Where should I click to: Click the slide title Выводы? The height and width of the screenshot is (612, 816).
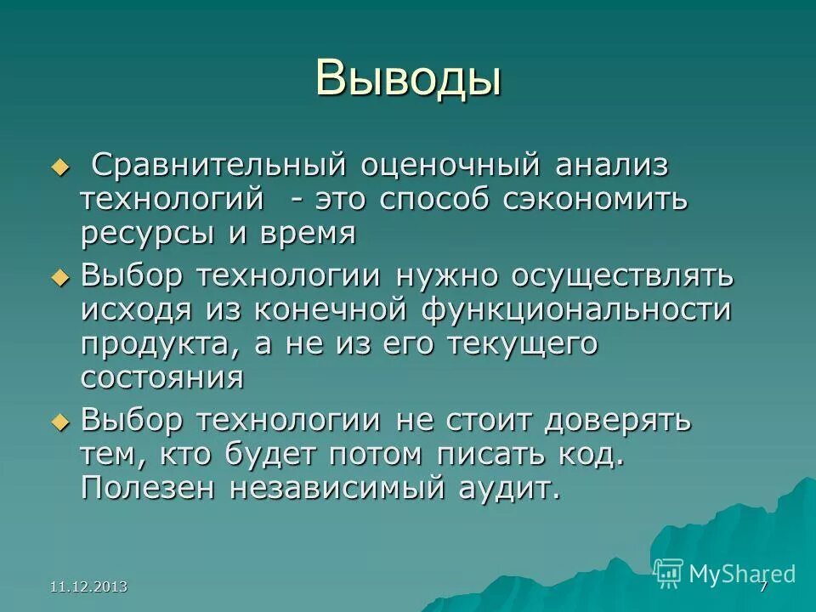click(x=408, y=77)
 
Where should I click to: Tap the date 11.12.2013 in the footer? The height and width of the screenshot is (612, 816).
click(x=89, y=586)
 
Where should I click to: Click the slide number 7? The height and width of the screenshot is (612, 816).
click(x=762, y=586)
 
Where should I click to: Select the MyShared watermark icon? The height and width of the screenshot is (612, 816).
click(x=669, y=573)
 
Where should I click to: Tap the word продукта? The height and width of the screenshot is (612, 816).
click(x=161, y=344)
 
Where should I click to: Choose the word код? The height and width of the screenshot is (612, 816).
click(x=592, y=454)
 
